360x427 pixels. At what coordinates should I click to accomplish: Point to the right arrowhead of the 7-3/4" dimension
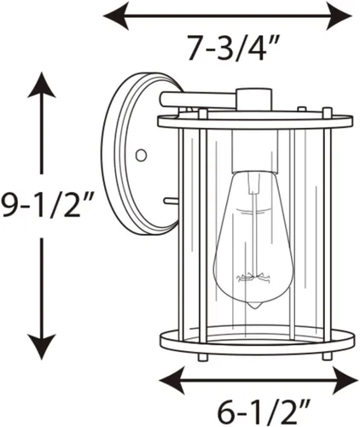pyautogui.click(x=340, y=16)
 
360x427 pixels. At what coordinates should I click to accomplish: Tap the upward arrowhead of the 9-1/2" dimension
pyautogui.click(x=42, y=85)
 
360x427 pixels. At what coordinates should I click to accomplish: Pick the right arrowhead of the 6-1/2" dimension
pyautogui.click(x=345, y=380)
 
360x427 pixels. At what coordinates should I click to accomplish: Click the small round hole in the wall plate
pyautogui.click(x=141, y=155)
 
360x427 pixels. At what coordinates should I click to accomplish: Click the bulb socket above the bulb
pyautogui.click(x=255, y=152)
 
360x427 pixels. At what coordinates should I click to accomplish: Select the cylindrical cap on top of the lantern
pyautogui.click(x=253, y=100)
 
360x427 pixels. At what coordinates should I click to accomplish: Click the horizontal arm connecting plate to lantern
pyautogui.click(x=198, y=100)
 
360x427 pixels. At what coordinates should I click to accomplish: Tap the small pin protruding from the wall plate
pyautogui.click(x=171, y=202)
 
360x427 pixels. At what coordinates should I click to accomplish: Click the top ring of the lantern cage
pyautogui.click(x=255, y=122)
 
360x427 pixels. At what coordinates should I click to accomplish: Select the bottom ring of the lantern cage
pyautogui.click(x=258, y=341)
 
